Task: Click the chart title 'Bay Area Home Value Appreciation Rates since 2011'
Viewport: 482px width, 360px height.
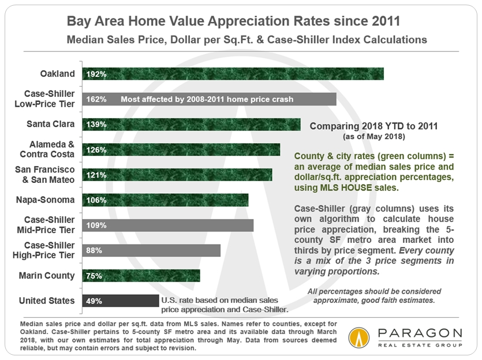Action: click(x=241, y=21)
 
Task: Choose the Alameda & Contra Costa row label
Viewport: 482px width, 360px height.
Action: click(x=49, y=149)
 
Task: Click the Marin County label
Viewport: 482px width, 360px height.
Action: click(x=46, y=275)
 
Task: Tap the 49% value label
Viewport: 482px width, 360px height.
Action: click(x=94, y=301)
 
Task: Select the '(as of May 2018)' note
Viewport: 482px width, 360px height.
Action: click(x=374, y=137)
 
